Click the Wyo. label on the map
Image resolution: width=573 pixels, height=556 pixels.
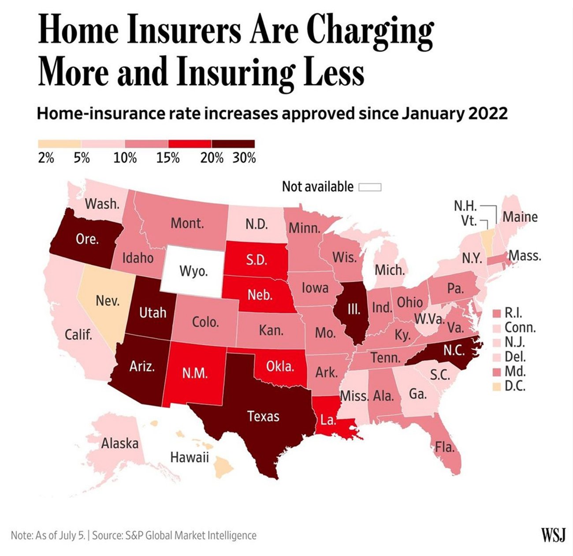[193, 271]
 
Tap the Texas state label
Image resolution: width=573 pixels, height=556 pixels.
[263, 416]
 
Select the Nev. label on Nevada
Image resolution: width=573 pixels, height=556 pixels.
[108, 301]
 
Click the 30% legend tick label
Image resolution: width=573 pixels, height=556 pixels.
[244, 158]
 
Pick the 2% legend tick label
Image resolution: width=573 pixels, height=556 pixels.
[46, 158]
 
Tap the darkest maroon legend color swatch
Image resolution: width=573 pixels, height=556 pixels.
[233, 144]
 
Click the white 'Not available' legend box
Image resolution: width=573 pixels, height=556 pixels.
[369, 187]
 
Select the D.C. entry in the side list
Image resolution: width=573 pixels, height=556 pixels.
[515, 387]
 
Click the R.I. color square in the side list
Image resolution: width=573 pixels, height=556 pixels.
[496, 313]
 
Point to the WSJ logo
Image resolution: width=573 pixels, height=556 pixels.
[553, 535]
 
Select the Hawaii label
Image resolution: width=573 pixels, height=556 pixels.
[190, 457]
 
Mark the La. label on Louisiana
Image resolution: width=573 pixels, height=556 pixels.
[328, 420]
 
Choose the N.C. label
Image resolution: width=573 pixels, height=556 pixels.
[454, 351]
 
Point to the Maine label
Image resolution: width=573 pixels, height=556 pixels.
[520, 217]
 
